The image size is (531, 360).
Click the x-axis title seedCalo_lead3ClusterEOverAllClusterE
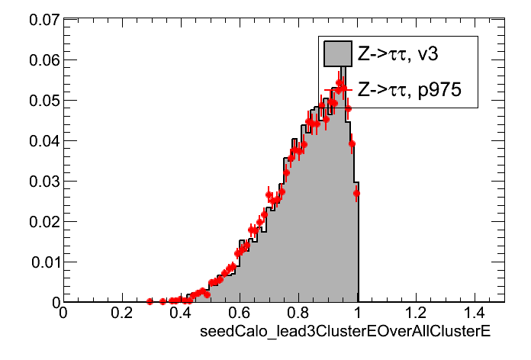point(343,333)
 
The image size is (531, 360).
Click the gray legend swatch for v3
point(337,53)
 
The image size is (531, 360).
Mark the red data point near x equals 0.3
point(150,302)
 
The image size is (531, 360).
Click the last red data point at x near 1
point(356,193)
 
